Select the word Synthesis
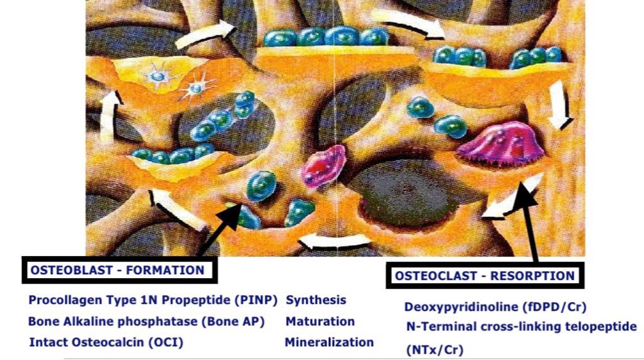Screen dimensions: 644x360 (316, 300)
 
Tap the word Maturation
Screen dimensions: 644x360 (320, 321)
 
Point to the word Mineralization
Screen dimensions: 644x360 (329, 342)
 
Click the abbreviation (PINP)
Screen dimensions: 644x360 (256, 300)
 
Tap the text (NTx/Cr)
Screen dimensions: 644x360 (435, 350)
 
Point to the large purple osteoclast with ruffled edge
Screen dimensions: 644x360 (500, 144)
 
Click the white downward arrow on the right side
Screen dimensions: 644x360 (560, 105)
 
